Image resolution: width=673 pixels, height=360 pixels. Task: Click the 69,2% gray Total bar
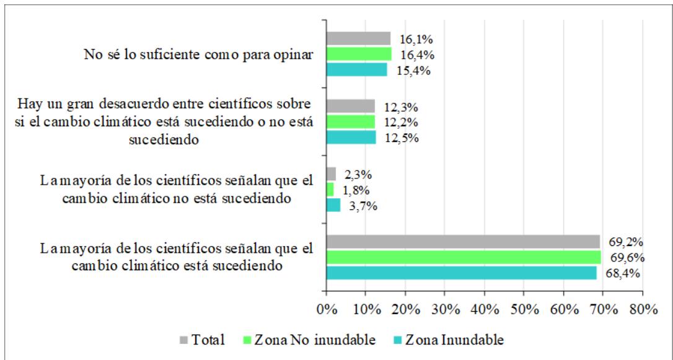[463, 242]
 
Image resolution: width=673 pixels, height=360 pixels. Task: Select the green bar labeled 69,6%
[464, 257]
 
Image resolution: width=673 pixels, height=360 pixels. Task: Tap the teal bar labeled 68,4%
[461, 273]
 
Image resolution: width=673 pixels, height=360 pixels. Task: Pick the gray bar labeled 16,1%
[358, 38]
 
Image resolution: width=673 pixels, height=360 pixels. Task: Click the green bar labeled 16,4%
[359, 54]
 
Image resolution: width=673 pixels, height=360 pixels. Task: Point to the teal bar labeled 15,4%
[356, 70]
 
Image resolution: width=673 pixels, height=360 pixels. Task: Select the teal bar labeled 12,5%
[351, 137]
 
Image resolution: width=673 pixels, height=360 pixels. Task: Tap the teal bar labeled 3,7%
[333, 204]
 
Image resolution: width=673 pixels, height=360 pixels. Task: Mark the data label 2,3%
[358, 174]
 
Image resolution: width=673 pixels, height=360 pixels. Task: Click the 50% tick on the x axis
[524, 309]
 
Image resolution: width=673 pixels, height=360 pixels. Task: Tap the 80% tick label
[643, 309]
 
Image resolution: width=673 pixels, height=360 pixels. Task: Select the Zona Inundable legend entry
[448, 340]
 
